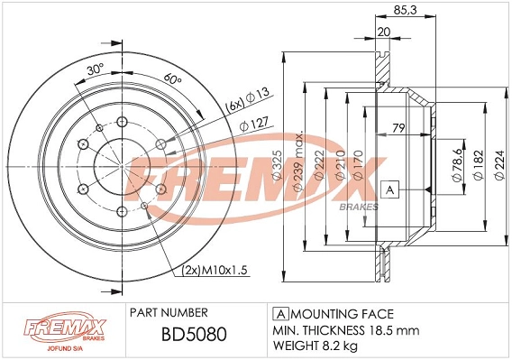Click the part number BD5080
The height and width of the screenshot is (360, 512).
(x=194, y=335)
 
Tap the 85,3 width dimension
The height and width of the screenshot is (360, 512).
(x=405, y=11)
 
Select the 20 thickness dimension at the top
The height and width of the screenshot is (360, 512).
(x=384, y=32)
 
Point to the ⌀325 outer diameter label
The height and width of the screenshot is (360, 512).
(x=278, y=165)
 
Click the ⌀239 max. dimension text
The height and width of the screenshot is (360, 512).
(x=298, y=162)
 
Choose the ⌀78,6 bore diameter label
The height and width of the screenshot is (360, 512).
(x=457, y=165)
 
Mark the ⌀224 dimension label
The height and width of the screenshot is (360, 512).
(x=499, y=165)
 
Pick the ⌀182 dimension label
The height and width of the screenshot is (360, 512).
(x=478, y=165)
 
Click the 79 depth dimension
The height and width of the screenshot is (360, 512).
(x=398, y=128)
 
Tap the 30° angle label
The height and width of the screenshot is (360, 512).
(x=96, y=69)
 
